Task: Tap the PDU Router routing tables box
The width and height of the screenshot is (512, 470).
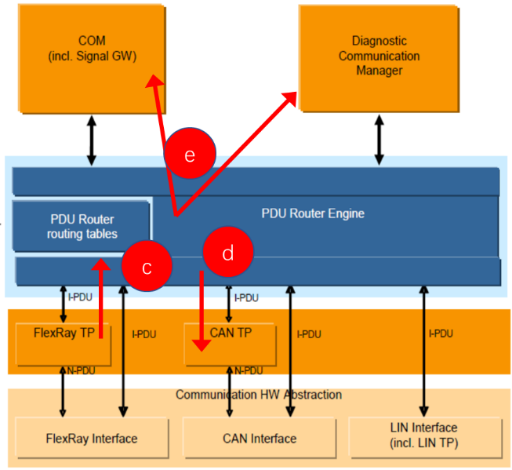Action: click(81, 226)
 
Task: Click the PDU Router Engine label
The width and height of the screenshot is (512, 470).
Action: click(312, 213)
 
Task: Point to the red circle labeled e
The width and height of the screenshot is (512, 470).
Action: click(190, 155)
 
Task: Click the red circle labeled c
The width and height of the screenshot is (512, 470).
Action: click(147, 267)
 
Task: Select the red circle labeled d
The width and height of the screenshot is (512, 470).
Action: click(228, 253)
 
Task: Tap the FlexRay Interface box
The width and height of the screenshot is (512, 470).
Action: click(92, 438)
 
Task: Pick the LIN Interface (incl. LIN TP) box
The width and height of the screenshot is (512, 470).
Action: click(424, 435)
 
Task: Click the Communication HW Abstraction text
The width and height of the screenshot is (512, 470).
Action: click(258, 394)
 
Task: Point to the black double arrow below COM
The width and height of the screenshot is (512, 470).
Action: click(91, 140)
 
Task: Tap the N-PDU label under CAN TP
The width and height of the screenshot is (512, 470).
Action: click(246, 370)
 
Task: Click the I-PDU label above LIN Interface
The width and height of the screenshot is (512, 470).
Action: click(441, 333)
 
